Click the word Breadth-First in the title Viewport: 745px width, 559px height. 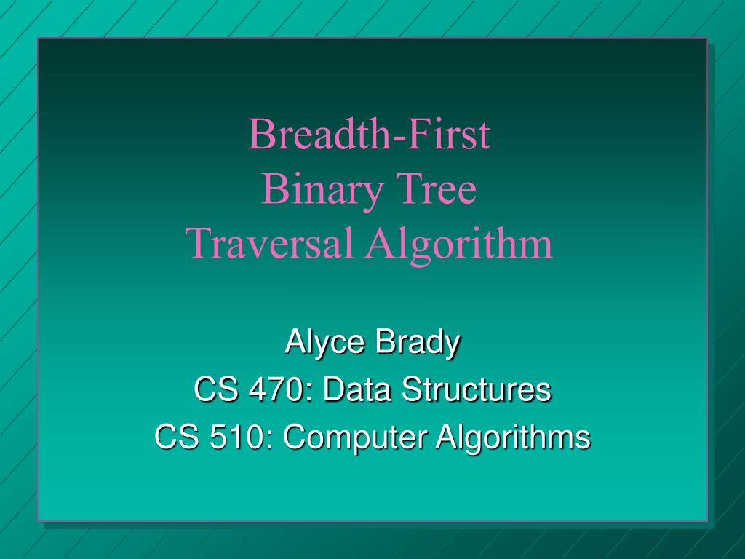coord(369,134)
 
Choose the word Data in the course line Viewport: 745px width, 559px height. coord(356,389)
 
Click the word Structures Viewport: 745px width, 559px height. coord(477,389)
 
